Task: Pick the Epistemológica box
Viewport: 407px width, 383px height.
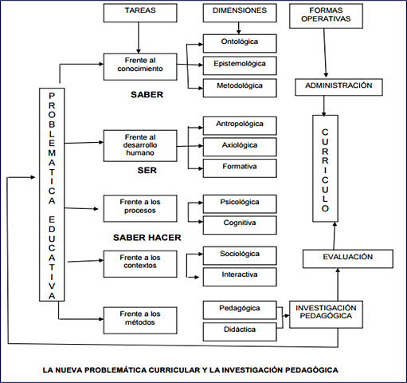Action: coord(239,64)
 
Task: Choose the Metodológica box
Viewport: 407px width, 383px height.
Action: coord(239,85)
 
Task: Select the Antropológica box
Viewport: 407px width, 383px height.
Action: coord(239,125)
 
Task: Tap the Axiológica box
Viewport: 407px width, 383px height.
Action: coord(239,146)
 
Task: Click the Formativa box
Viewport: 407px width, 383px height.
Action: coord(239,167)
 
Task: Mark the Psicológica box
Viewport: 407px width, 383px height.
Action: coord(239,203)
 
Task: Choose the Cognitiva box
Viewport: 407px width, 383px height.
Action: coord(239,224)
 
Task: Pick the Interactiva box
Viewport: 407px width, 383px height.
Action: coord(239,276)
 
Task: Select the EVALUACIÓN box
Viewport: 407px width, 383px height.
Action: coord(337,258)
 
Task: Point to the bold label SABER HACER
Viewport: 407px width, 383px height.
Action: coord(147,238)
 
